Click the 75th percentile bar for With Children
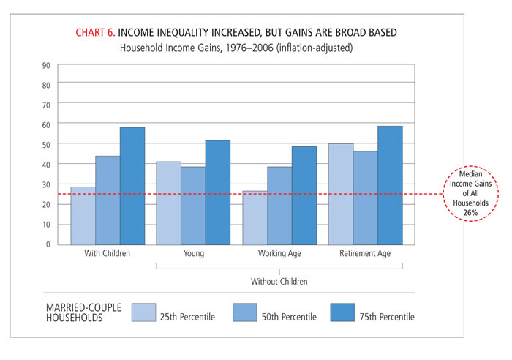132,186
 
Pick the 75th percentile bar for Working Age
304,195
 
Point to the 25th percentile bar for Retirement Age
341,194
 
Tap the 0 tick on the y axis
48,244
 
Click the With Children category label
108,254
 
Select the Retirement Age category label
366,254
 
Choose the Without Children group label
279,281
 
